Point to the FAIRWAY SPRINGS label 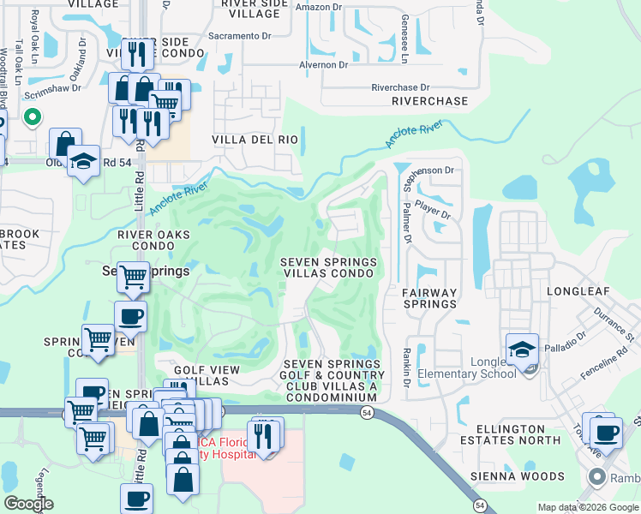click(x=429, y=298)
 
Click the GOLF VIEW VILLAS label click(x=207, y=375)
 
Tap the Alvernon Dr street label click(x=323, y=64)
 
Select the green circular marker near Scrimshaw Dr click(x=33, y=117)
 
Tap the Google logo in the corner click(x=28, y=504)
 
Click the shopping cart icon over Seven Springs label click(x=133, y=277)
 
